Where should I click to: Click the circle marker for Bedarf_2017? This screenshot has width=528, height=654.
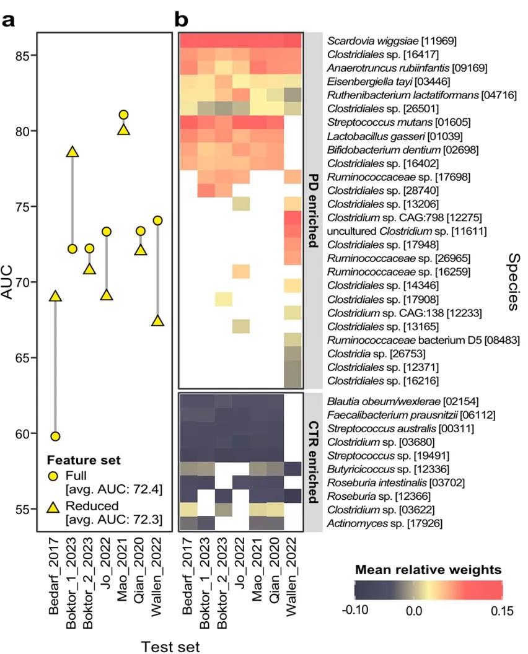click(56, 436)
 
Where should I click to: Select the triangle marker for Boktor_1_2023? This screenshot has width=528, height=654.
click(73, 152)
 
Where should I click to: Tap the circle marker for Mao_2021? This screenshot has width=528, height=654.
click(123, 115)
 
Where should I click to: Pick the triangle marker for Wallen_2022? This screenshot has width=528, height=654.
click(157, 321)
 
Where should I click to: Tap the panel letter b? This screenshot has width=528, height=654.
click(182, 20)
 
